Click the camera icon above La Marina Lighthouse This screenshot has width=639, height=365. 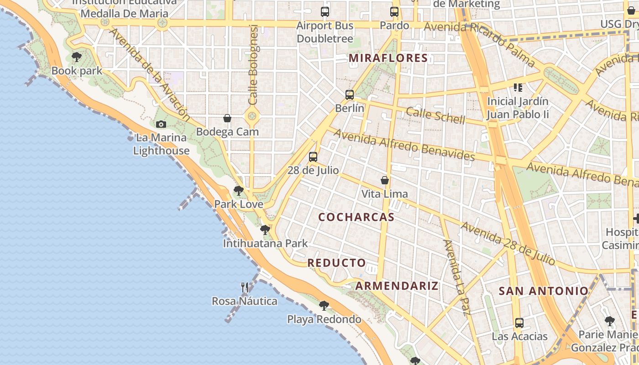click(161, 124)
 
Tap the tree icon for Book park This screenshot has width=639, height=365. click(77, 57)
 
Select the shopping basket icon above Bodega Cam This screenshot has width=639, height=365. click(227, 118)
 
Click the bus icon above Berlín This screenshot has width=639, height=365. click(350, 95)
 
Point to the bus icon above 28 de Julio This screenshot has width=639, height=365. click(313, 157)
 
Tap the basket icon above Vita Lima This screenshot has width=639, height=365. click(385, 180)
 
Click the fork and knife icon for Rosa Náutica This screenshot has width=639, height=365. click(245, 287)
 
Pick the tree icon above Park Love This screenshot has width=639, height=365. click(238, 190)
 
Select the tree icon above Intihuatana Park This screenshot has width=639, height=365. click(265, 229)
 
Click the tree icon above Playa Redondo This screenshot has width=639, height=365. click(324, 305)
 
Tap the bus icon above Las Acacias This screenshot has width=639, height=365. click(519, 323)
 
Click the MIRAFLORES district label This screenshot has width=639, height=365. click(388, 58)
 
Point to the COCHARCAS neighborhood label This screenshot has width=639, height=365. click(356, 217)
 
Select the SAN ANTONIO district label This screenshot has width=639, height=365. click(544, 291)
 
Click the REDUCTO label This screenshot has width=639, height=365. click(337, 263)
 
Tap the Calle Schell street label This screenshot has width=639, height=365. click(435, 115)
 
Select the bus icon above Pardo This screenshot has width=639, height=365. click(394, 12)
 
